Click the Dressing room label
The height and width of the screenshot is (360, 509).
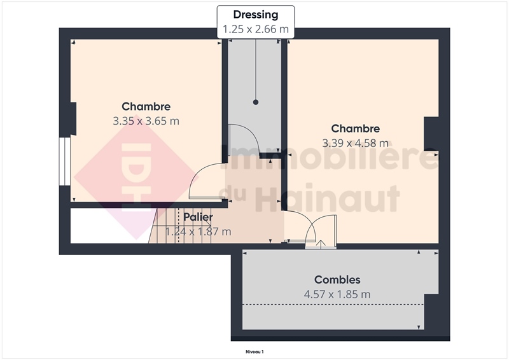[256, 15]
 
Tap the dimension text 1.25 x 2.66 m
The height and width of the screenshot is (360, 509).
[256, 29]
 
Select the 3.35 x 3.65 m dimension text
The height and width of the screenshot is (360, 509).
[146, 121]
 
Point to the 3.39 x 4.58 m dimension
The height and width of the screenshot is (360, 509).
[355, 143]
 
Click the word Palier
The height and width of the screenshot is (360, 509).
[198, 217]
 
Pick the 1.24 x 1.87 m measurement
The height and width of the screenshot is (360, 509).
[198, 232]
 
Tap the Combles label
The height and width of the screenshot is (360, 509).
[337, 279]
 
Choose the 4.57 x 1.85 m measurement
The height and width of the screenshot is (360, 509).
[337, 294]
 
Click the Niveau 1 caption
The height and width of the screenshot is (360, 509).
[254, 352]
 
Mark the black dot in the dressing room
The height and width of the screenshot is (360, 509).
[256, 102]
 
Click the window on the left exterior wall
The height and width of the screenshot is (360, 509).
[65, 162]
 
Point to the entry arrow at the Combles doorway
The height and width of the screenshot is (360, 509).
[321, 244]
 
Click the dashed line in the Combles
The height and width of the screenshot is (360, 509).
[333, 305]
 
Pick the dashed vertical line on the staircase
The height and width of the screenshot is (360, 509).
[178, 226]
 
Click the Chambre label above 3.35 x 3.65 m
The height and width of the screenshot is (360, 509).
[146, 106]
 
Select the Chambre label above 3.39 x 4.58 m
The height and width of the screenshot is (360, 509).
[355, 128]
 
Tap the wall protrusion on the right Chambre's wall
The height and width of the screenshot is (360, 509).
[431, 134]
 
